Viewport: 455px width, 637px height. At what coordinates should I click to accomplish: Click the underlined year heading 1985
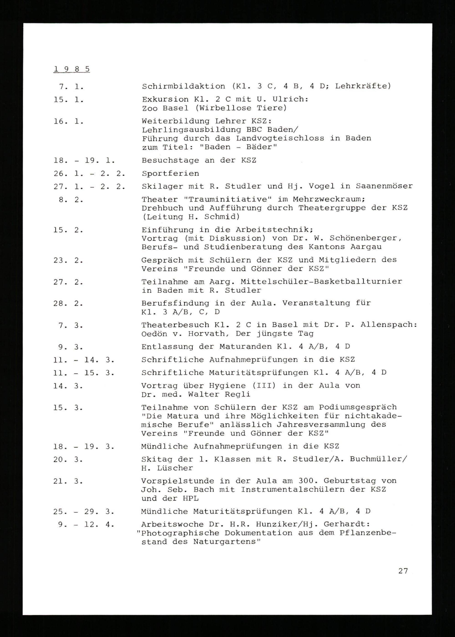[71, 69]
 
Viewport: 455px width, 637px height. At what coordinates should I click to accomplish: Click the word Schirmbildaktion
[183, 86]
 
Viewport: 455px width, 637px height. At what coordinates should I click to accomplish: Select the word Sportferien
[170, 173]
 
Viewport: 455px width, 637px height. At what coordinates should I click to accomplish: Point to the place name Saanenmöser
[384, 186]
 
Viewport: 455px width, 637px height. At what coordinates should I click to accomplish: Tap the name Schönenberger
[365, 238]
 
